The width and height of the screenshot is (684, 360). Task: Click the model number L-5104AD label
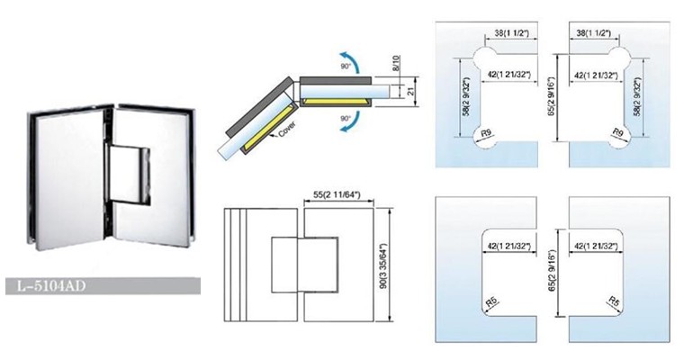(x=51, y=286)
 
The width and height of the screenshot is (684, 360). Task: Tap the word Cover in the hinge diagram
(x=287, y=130)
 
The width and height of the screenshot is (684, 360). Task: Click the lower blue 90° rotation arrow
(x=352, y=121)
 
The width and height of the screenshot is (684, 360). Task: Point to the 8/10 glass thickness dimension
(x=396, y=64)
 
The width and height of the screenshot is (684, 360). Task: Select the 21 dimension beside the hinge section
(x=410, y=91)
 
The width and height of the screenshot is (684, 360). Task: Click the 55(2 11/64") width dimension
(x=337, y=194)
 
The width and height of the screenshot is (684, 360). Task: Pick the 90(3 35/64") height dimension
(x=384, y=265)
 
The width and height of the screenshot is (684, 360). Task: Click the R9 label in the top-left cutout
(x=483, y=133)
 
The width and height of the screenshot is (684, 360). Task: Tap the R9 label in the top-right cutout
(x=617, y=132)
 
